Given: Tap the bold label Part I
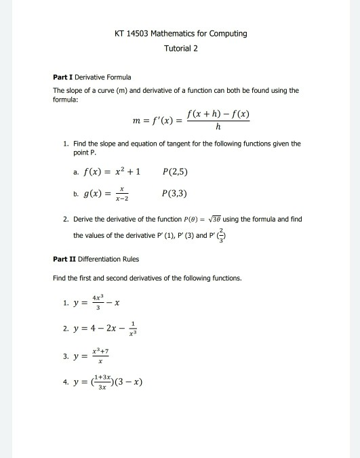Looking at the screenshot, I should point(62,77).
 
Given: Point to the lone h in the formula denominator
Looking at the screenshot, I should point(218,127).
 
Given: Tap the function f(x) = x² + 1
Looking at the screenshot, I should point(111,172).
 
